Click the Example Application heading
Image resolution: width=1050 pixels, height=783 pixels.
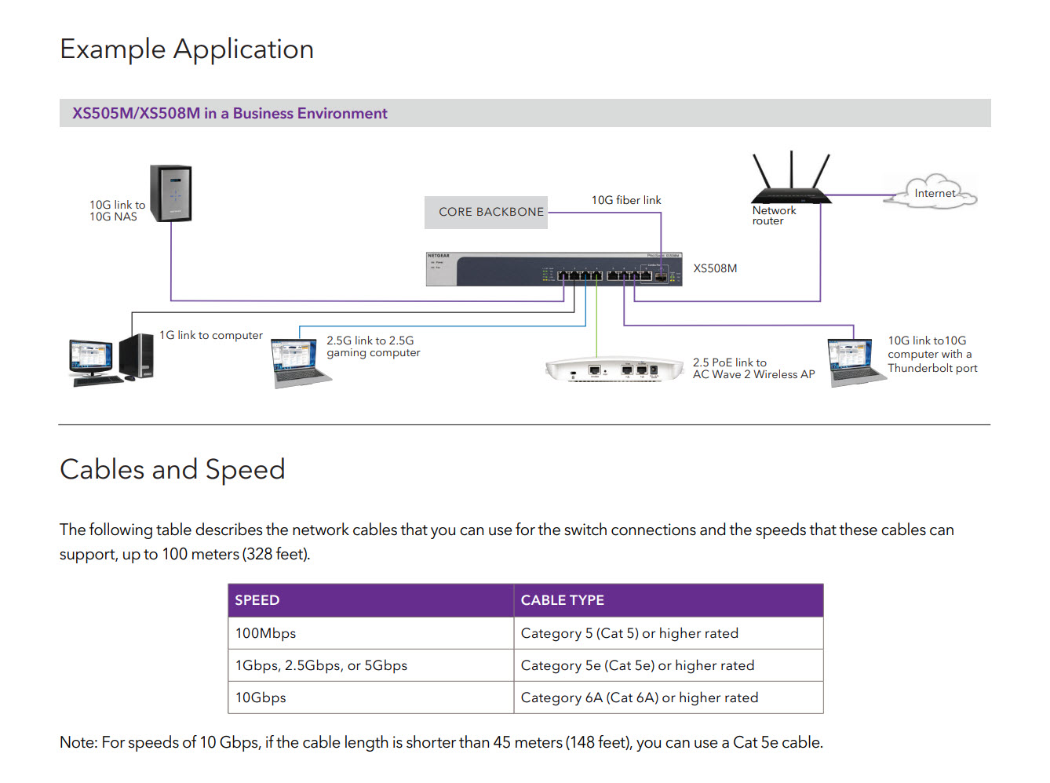[187, 49]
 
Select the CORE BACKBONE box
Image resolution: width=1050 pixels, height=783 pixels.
[487, 212]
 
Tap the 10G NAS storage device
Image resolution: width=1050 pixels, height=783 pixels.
[172, 193]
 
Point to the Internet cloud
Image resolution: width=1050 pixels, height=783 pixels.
[933, 193]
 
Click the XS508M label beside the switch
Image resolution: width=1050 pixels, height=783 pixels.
[715, 268]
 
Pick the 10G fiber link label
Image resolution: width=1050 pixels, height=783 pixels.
[626, 200]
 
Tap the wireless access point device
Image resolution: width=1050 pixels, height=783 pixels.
[614, 370]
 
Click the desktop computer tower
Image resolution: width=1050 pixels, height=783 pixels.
[137, 357]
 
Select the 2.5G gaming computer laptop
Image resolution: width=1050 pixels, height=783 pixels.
[298, 362]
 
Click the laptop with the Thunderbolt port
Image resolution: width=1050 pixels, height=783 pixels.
[854, 362]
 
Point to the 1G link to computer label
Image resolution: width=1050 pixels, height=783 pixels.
[211, 335]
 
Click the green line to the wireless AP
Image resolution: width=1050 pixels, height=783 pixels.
[597, 322]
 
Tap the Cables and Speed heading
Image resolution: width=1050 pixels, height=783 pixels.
[173, 469]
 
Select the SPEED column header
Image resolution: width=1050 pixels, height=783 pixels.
[257, 600]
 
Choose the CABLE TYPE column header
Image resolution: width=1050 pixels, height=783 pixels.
[563, 600]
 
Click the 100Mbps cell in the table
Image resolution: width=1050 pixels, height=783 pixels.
[266, 633]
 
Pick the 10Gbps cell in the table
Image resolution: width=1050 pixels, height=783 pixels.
[261, 697]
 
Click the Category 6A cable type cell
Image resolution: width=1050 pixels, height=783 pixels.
[640, 697]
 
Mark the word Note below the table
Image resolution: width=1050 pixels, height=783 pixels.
[78, 742]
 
